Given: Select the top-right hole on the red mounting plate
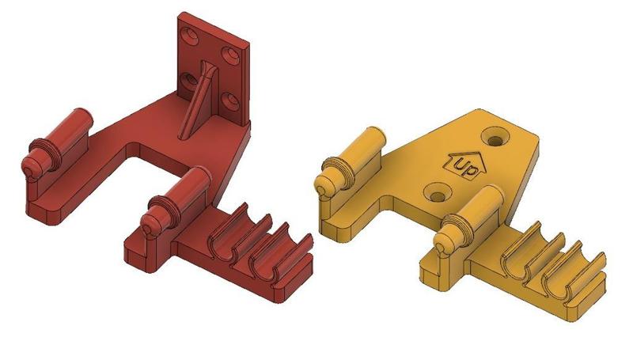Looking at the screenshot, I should [x=230, y=54].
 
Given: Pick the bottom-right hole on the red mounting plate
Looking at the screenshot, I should [x=229, y=100].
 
